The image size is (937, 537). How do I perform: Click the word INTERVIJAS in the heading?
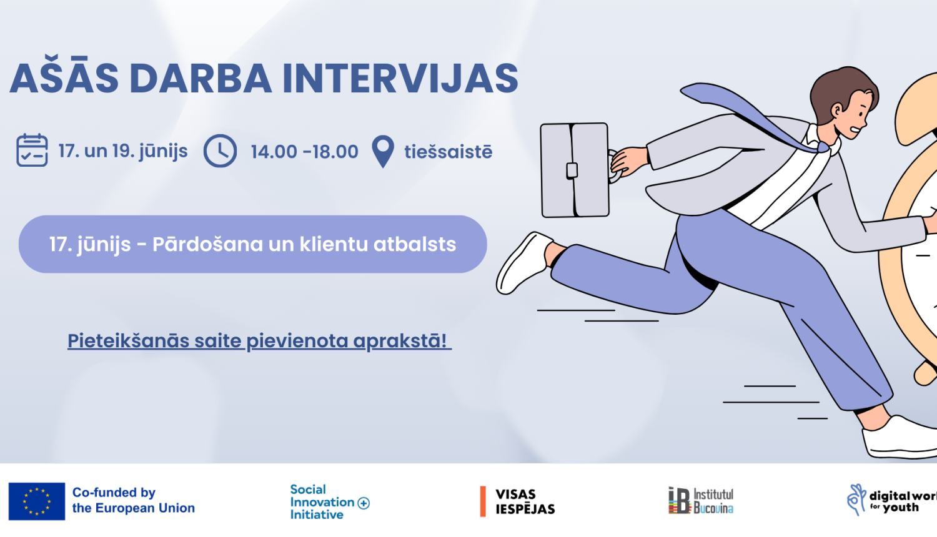[400, 79]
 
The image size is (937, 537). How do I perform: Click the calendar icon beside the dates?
[32, 150]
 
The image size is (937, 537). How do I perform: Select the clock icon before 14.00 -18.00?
[220, 151]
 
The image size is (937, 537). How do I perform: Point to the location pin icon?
[382, 151]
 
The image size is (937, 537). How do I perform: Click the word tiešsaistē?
[448, 152]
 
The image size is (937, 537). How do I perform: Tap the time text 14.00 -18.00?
[304, 152]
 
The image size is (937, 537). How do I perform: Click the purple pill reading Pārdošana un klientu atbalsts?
[252, 244]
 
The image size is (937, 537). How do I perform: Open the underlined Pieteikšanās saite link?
[258, 341]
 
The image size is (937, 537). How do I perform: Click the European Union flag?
[37, 501]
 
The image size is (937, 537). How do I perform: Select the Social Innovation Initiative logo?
[329, 502]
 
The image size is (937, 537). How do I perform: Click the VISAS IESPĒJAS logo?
[518, 502]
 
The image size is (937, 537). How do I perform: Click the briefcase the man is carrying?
[574, 170]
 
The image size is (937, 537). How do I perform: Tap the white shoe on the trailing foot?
[523, 262]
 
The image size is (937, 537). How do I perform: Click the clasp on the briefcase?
[572, 170]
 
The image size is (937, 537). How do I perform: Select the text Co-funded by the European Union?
[133, 501]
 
